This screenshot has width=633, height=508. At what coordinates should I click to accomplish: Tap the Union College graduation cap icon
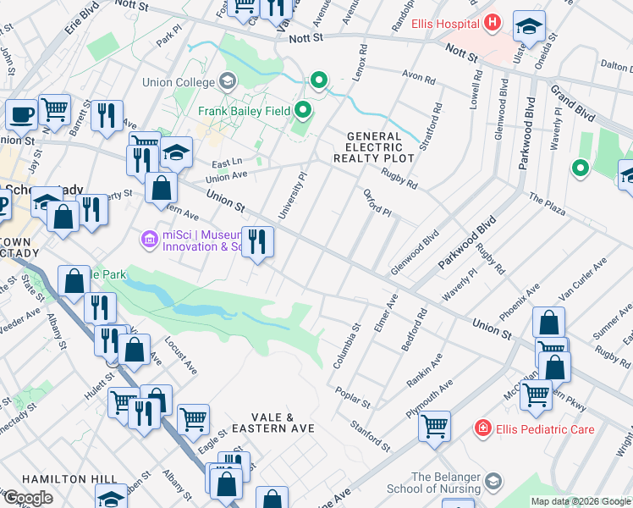(x=227, y=81)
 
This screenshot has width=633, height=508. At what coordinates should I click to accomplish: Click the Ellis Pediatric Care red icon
(x=482, y=429)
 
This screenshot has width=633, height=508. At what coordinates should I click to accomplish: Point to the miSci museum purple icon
(x=151, y=240)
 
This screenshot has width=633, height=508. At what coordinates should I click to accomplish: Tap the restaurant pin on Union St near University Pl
(x=257, y=242)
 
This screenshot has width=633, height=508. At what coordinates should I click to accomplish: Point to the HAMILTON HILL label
(x=38, y=478)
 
